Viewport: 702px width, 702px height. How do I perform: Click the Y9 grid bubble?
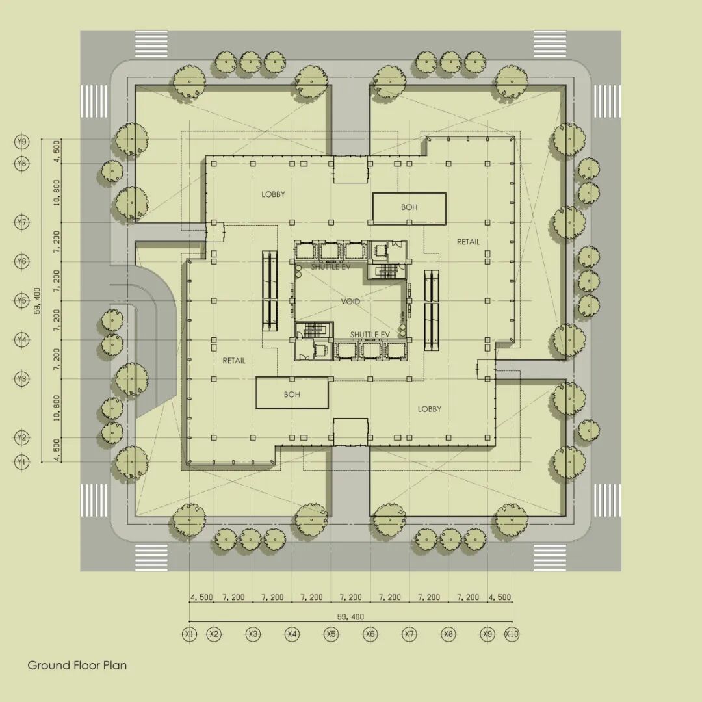(x=22, y=142)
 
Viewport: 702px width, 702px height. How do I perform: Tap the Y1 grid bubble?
(x=22, y=462)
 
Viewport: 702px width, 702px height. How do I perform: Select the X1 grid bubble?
(x=189, y=634)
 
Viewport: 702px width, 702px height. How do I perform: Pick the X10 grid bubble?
(x=512, y=634)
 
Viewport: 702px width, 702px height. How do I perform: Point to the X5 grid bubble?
(x=331, y=634)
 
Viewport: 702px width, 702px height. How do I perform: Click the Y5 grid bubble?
(x=22, y=301)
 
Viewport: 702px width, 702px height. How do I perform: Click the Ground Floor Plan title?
(x=77, y=665)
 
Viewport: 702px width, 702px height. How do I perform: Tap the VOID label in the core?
(x=350, y=302)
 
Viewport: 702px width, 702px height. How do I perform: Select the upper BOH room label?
(x=409, y=208)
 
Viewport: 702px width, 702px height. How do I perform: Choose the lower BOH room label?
(x=292, y=394)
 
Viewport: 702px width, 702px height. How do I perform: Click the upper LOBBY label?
(x=273, y=194)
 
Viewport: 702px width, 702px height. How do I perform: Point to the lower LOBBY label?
(x=429, y=409)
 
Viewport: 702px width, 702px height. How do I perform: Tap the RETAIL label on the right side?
(x=468, y=242)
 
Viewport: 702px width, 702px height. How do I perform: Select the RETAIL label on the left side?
(x=234, y=360)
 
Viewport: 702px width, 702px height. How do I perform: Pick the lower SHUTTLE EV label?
(x=370, y=335)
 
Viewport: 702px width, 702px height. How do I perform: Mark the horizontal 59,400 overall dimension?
(x=350, y=616)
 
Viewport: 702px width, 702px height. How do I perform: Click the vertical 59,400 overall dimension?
(x=37, y=300)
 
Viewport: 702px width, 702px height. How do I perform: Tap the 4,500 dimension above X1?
(x=201, y=597)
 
